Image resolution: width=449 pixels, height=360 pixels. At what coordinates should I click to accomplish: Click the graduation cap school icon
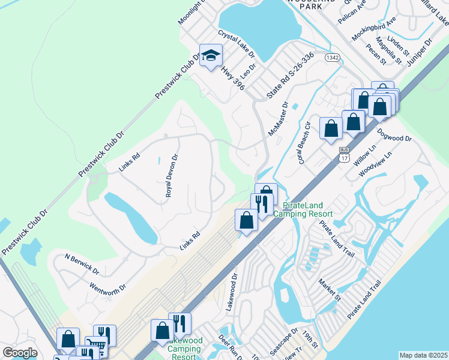pos(211,56)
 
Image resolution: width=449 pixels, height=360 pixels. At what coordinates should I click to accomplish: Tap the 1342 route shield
pos(332,57)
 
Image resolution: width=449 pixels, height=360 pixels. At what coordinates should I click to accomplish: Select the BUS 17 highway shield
pos(344,154)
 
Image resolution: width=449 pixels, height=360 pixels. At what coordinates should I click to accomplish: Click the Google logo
pos(20,353)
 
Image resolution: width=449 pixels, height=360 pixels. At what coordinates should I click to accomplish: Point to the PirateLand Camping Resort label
pos(303,209)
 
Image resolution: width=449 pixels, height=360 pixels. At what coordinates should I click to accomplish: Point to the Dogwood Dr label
pos(394,134)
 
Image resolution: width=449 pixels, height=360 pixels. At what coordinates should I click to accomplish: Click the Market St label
pos(330,290)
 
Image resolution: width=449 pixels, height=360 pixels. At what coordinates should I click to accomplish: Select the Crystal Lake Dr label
pos(237,44)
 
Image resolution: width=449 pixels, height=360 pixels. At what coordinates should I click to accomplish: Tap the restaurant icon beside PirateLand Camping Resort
pos(261,203)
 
